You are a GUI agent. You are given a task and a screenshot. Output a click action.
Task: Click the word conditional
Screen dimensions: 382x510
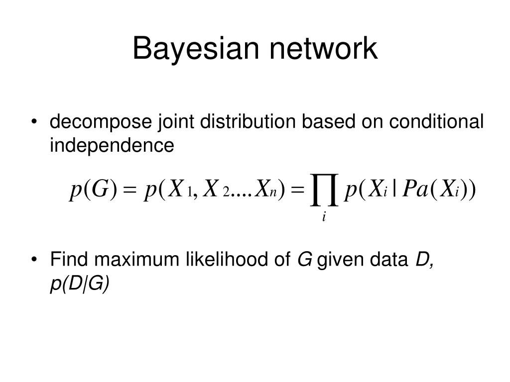tap(436, 122)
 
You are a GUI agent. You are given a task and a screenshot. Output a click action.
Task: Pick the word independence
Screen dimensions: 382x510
tap(112, 146)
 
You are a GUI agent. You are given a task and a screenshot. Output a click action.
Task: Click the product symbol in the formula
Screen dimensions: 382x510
tap(324, 190)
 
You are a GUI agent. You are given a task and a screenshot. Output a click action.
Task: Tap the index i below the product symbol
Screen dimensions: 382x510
tap(324, 217)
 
